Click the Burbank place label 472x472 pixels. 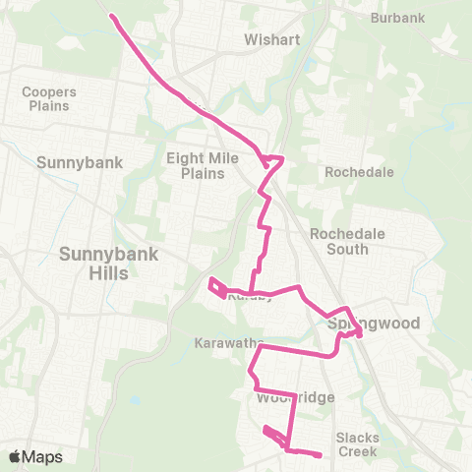(397, 18)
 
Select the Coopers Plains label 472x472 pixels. (48, 98)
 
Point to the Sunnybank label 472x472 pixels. (79, 162)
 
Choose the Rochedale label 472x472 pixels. (360, 172)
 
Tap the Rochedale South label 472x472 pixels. (340, 241)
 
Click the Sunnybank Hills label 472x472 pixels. (94, 263)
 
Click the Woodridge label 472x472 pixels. (297, 397)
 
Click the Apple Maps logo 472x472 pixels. (35, 456)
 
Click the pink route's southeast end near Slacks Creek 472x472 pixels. (321, 454)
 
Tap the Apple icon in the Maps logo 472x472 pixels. (15, 456)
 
